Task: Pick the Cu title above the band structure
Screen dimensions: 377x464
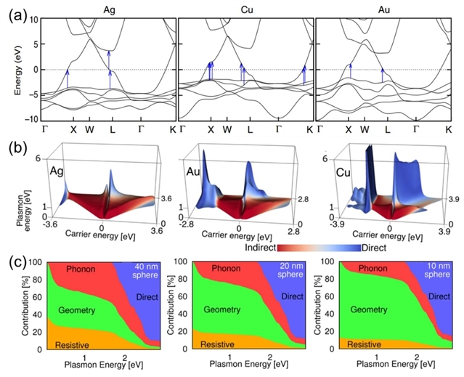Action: pos(245,8)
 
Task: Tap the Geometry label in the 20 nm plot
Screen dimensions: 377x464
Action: pos(224,310)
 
